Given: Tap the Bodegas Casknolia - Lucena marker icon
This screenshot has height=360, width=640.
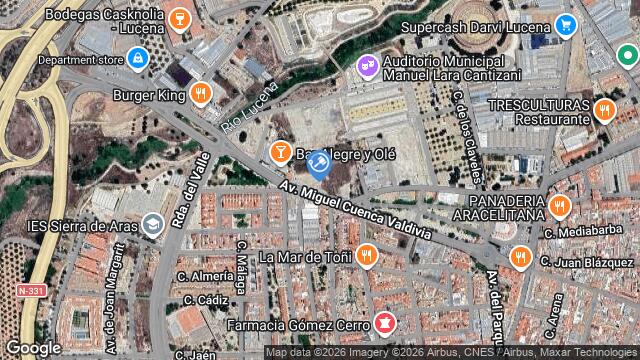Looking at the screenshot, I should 181,17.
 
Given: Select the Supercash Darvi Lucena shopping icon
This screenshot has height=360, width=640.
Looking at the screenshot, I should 566,24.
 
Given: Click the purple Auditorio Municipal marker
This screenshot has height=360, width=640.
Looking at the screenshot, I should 367,66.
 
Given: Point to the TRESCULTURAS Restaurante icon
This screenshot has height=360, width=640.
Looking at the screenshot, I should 602,110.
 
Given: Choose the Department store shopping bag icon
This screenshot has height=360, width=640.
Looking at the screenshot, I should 137,59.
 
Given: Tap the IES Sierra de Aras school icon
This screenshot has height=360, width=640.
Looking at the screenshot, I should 152,225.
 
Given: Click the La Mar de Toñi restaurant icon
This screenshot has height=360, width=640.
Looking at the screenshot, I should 367,256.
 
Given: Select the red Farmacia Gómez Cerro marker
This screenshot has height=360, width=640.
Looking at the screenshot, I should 383,322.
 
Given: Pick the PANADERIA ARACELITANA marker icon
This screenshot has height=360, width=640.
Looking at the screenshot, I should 559,207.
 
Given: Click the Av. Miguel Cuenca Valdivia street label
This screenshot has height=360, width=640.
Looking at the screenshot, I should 356,200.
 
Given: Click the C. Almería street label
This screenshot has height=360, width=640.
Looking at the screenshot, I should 204,274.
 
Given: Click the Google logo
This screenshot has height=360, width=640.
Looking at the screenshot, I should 33,347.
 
